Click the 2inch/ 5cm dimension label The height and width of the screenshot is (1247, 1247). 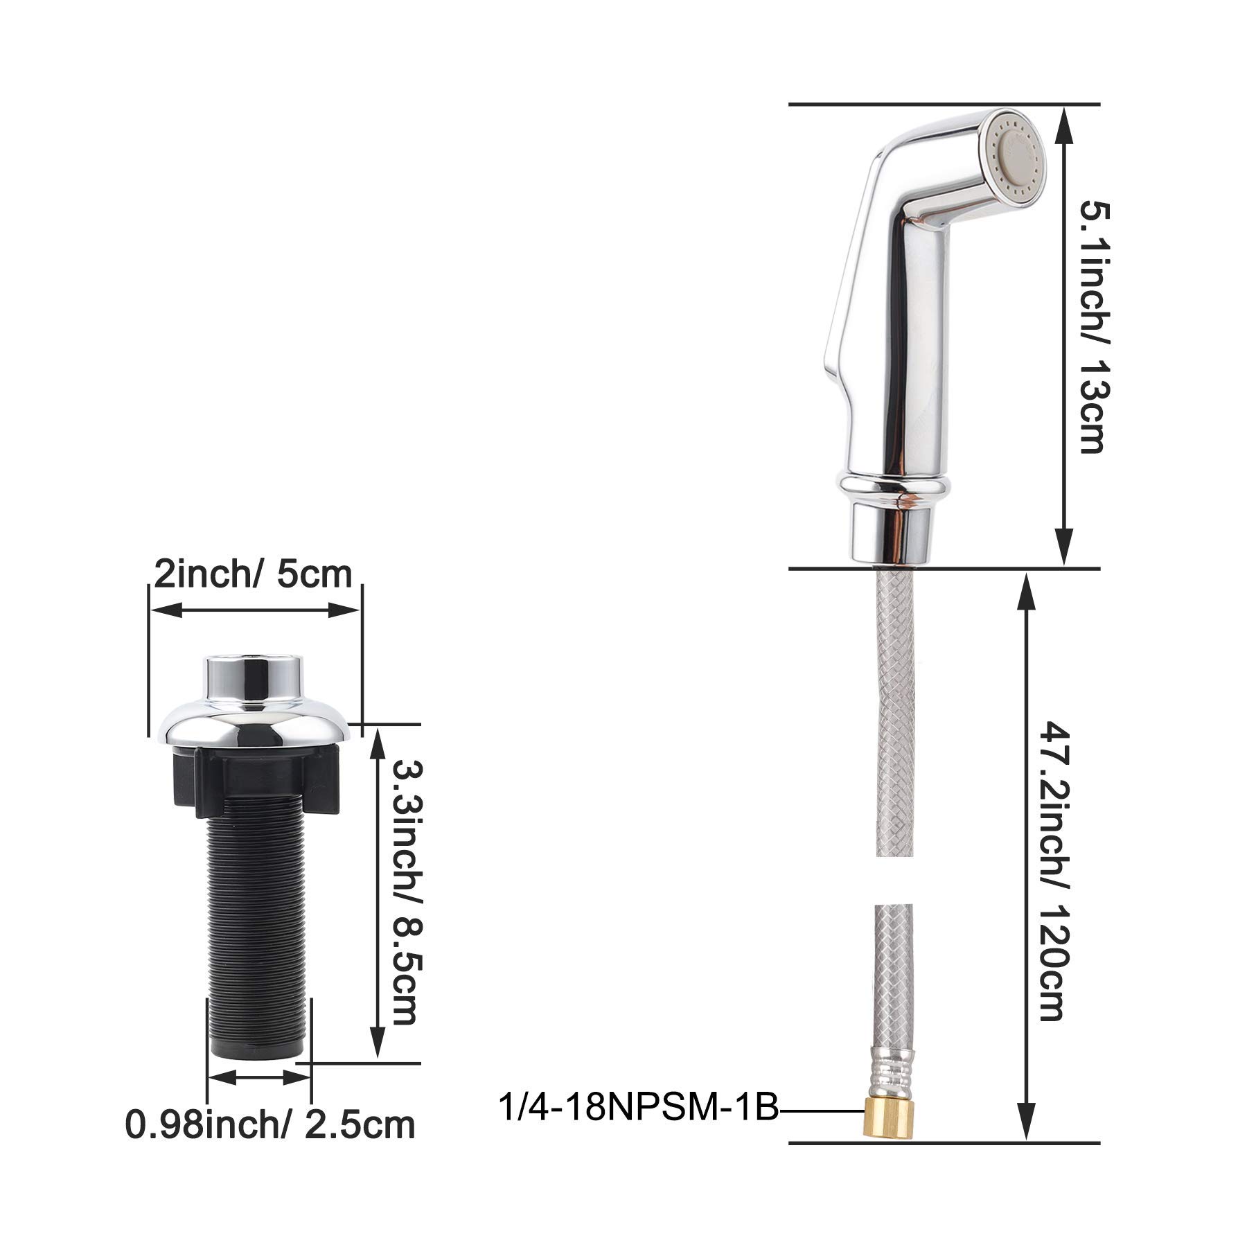point(253,575)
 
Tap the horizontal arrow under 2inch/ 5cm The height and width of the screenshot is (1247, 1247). point(255,610)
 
